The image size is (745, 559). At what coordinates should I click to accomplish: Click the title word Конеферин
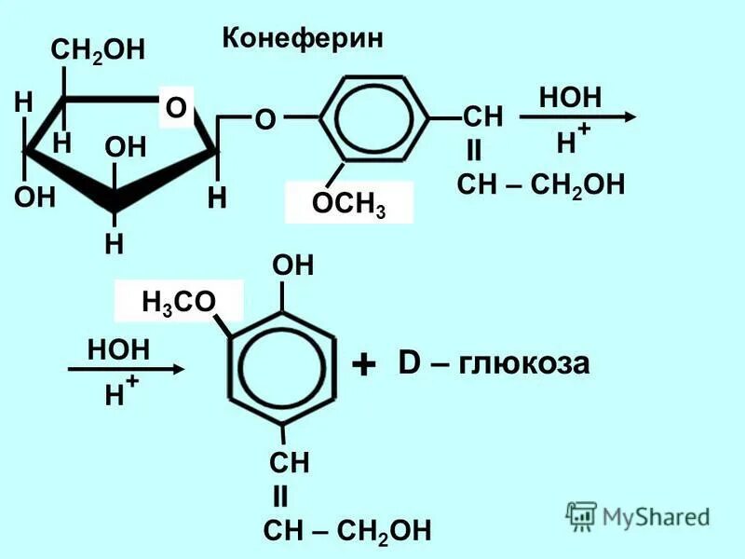pos(303,38)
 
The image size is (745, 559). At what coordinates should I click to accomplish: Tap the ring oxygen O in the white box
pos(176,110)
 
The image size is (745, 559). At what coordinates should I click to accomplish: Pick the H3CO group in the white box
pos(178,301)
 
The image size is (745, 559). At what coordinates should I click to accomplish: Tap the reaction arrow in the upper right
pos(576,117)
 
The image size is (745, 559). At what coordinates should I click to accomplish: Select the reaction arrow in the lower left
pos(128,369)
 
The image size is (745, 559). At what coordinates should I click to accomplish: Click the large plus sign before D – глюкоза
pos(364,364)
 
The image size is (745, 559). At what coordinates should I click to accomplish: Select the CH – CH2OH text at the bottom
pos(347,532)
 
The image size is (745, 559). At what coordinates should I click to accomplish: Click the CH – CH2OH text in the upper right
pos(540,184)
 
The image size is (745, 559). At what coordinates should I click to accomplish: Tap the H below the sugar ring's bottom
pos(114,244)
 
